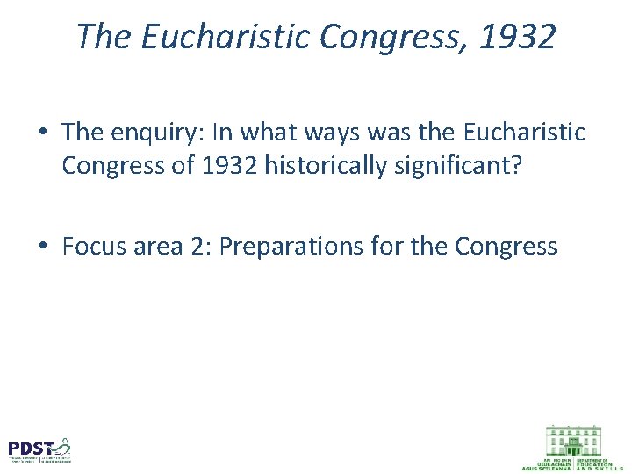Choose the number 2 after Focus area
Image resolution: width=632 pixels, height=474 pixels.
194,247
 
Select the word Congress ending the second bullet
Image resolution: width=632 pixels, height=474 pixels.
506,247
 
